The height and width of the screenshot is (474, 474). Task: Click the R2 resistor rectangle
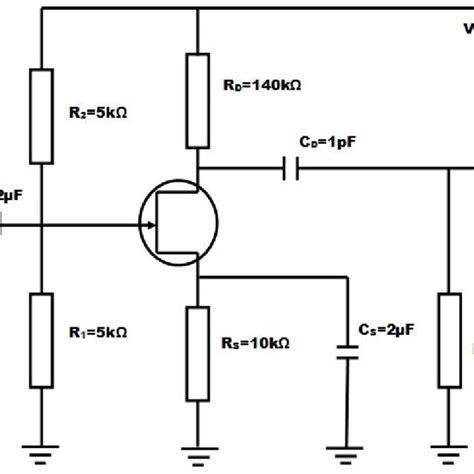coord(42,115)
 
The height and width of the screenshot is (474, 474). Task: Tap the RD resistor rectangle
coord(198,89)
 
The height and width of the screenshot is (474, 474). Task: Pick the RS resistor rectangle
coord(198,344)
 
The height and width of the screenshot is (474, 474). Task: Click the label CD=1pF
coord(320,143)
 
